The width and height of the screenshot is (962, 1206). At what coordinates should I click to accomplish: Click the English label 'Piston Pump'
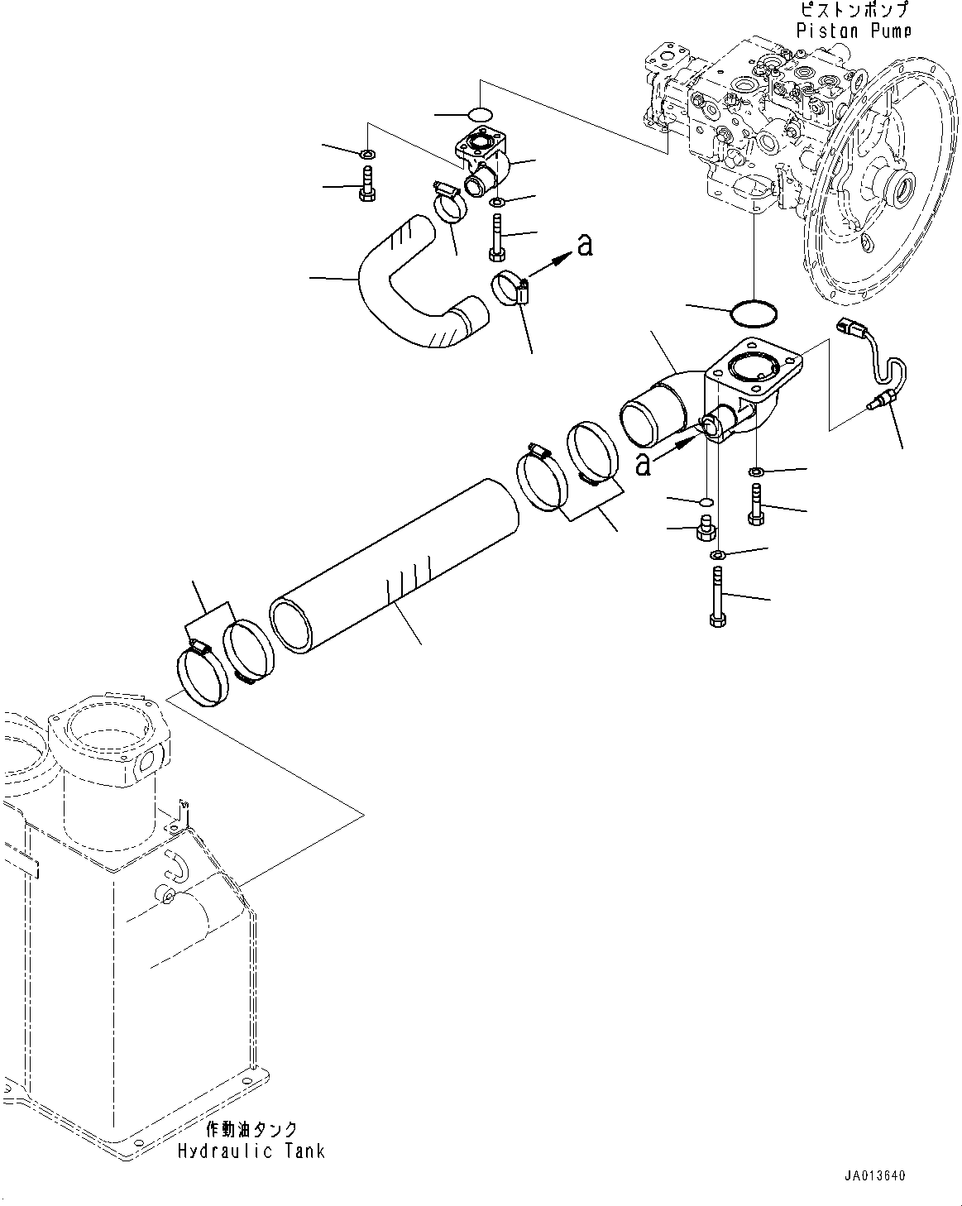coord(854,31)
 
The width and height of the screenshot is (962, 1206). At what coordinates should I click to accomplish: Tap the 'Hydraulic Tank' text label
coord(251,1151)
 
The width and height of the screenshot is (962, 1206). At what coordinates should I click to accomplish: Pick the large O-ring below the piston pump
coord(754,312)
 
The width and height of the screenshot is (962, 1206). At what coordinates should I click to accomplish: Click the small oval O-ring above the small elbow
coord(480,112)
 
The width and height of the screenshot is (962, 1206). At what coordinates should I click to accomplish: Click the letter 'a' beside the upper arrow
coord(585,244)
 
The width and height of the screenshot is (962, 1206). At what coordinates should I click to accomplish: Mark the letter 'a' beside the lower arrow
coord(643,465)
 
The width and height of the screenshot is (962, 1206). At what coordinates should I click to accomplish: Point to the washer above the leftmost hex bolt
coord(366,155)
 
